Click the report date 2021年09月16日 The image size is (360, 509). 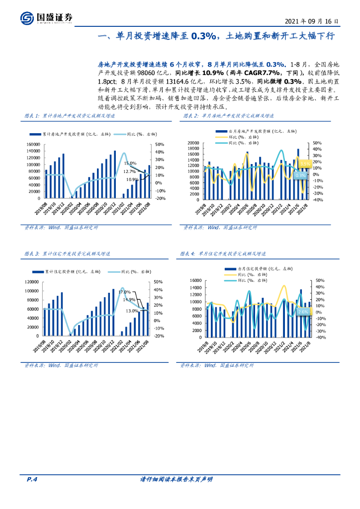[312, 21]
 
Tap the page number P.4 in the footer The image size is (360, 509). [32, 479]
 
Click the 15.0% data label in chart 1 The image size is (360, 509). [130, 163]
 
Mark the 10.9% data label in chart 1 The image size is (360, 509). [132, 179]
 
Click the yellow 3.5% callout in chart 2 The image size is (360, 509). [305, 163]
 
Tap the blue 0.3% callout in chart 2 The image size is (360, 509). [300, 175]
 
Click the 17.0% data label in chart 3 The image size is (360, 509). [124, 292]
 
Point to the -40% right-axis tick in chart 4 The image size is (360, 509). [320, 337]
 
